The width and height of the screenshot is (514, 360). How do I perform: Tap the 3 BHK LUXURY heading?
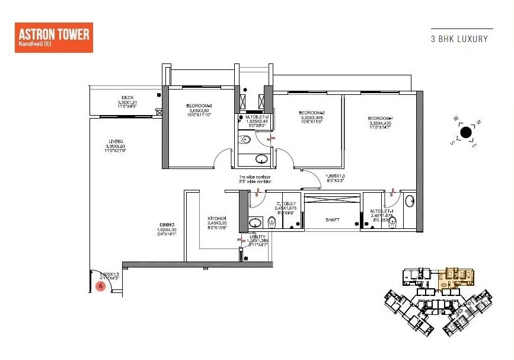(459, 39)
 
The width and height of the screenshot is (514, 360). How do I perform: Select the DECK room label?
(127, 98)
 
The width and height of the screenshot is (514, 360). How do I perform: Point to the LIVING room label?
(107, 141)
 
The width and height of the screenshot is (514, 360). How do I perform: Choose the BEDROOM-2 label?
(311, 113)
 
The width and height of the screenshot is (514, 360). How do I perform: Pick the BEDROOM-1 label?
(379, 119)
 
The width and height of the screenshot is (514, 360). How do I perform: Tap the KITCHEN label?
(217, 218)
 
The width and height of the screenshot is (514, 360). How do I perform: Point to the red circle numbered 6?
(101, 286)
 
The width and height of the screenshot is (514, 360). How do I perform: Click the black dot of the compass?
(466, 132)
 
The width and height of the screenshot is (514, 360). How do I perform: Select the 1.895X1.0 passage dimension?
(335, 176)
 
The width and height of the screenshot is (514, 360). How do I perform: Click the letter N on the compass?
(479, 123)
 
